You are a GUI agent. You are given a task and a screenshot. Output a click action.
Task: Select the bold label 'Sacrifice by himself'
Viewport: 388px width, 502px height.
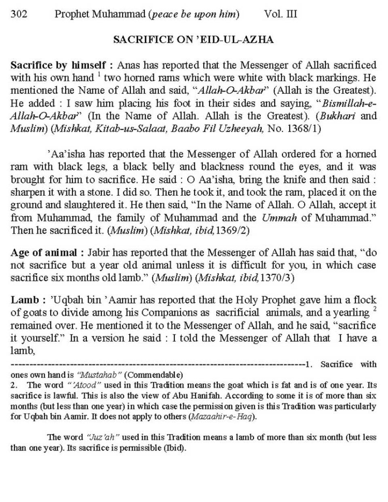[58, 65]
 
